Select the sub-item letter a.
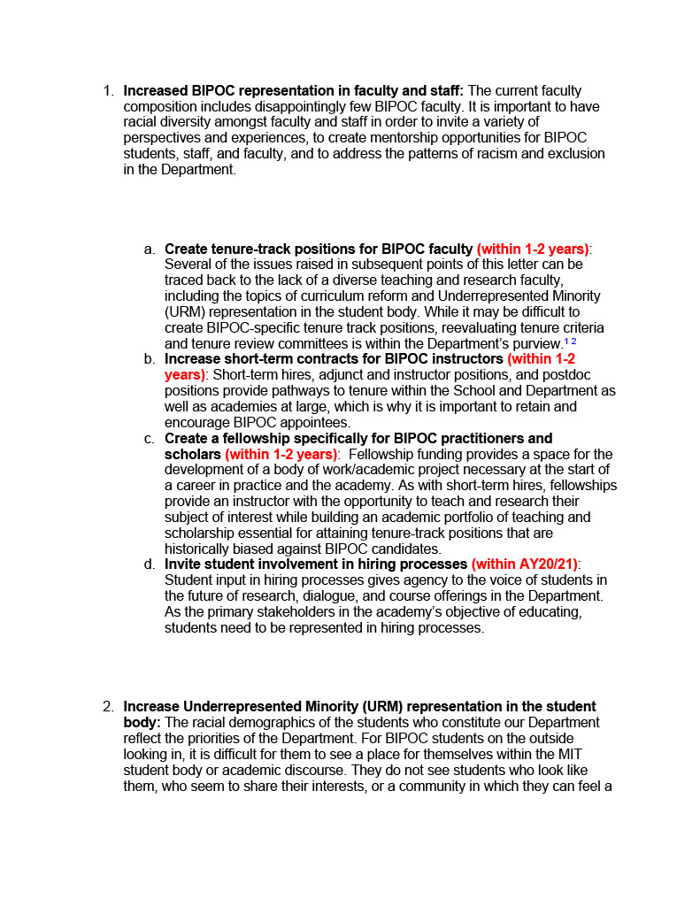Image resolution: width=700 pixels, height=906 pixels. pyautogui.click(x=150, y=249)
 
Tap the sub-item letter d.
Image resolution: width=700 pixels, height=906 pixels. pyautogui.click(x=150, y=564)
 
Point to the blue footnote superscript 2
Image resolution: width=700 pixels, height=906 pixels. pyautogui.click(x=574, y=342)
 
